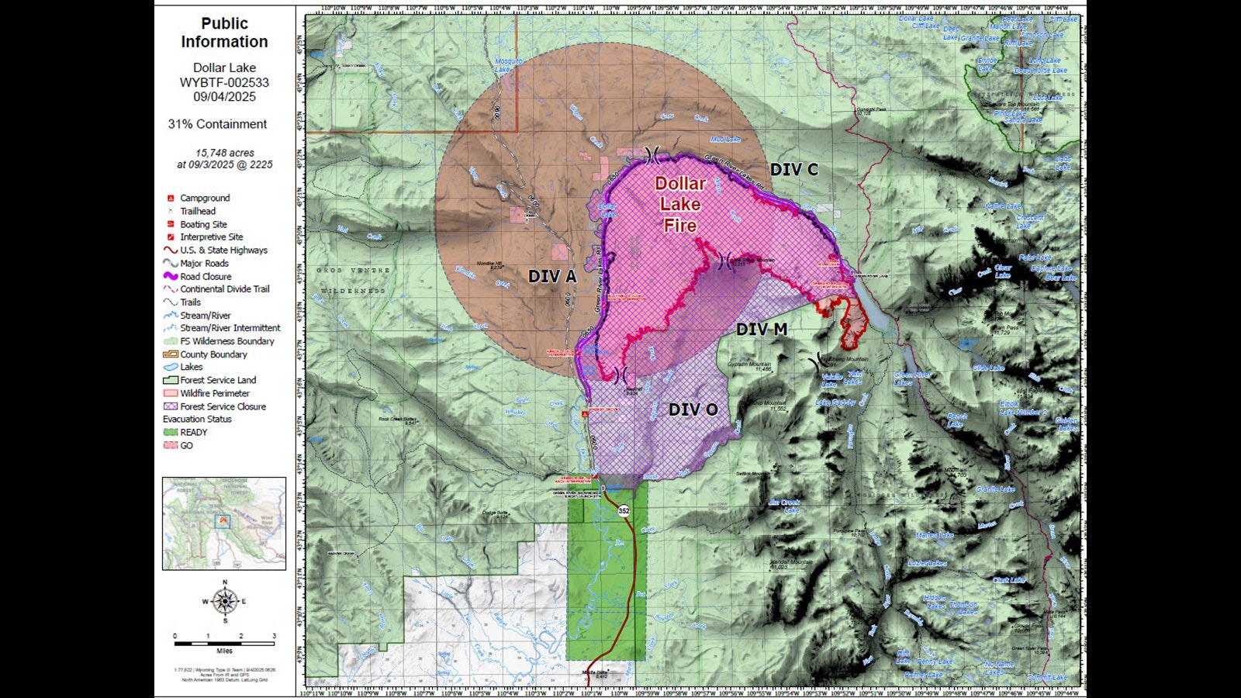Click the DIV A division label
552,277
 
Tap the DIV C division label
793,169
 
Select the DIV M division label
761,330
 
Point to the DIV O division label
693,409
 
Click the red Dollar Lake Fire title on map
680,205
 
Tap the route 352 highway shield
624,511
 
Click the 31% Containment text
217,124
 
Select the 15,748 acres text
224,153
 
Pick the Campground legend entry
205,198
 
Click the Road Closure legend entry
206,276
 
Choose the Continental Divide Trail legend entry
224,289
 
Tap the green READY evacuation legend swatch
170,433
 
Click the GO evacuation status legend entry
186,446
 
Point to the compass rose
225,600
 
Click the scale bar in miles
224,643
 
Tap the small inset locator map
224,523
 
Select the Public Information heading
224,33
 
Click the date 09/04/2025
224,97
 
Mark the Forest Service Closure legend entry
223,406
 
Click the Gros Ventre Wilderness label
351,281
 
